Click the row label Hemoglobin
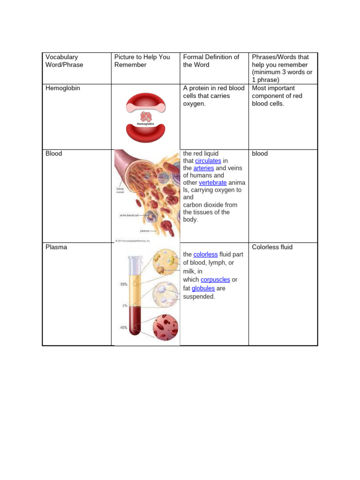point(62,88)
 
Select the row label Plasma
point(56,247)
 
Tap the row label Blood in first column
point(54,153)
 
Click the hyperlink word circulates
point(208,161)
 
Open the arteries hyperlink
point(203,168)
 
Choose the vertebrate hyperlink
point(213,182)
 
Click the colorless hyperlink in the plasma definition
point(205,254)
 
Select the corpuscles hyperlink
point(215,279)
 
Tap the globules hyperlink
point(203,288)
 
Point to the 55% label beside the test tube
point(123,284)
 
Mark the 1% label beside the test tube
point(125,306)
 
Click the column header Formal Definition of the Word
point(211,60)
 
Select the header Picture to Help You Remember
point(142,60)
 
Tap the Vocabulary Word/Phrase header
point(64,60)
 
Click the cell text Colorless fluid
point(272,247)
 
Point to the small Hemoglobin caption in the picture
point(145,124)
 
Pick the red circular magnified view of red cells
point(165,327)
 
